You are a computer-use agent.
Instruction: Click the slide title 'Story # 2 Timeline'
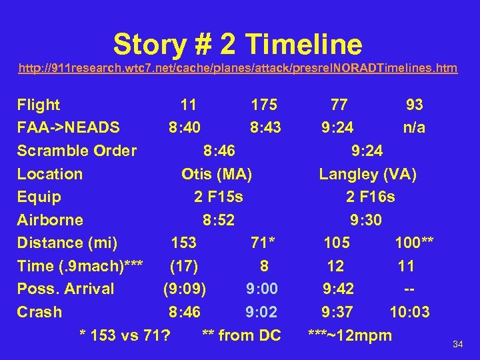(x=238, y=45)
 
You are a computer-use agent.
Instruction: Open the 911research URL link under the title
(x=238, y=68)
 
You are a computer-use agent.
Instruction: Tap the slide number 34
(x=457, y=344)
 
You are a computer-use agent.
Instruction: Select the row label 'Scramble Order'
(x=77, y=151)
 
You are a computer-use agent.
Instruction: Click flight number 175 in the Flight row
(x=264, y=105)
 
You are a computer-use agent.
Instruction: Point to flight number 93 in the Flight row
(x=415, y=105)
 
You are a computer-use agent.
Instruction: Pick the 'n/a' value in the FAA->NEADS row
(x=414, y=127)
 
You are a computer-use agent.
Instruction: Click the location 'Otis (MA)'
(x=217, y=174)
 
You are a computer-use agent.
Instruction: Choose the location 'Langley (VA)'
(x=368, y=174)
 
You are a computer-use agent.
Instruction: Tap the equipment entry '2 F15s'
(x=218, y=197)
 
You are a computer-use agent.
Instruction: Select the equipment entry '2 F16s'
(x=370, y=197)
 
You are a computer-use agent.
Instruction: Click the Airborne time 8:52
(x=219, y=220)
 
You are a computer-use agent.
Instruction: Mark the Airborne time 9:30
(x=367, y=220)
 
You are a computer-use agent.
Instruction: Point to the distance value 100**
(x=414, y=243)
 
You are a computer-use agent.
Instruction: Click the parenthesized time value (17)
(x=184, y=266)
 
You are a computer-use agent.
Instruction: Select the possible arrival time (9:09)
(x=185, y=289)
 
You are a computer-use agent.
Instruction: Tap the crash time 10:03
(x=410, y=312)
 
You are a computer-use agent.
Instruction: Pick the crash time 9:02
(x=262, y=312)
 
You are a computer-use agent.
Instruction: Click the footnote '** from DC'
(x=241, y=335)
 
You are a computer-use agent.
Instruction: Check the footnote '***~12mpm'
(x=349, y=335)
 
